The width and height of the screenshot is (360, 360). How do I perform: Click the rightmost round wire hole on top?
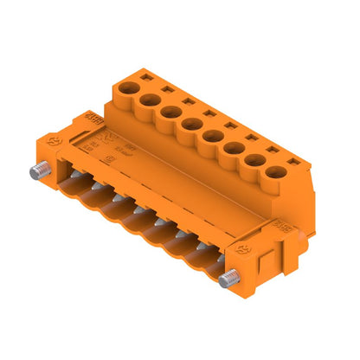tap(276, 170)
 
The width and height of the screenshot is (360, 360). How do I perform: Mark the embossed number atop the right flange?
tap(280, 226)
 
